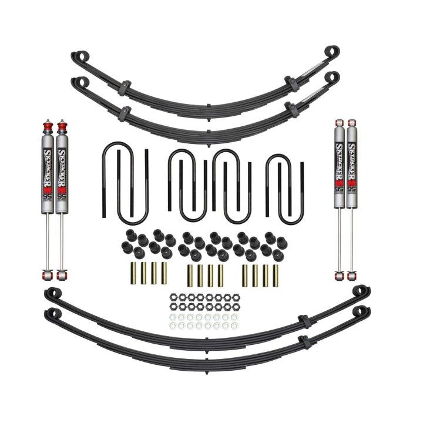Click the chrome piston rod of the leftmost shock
pos(47,241)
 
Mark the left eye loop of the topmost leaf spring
pos(78,57)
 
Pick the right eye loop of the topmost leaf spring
pos(332,51)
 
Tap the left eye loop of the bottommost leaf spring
pos(51,313)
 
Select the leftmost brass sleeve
pos(133,274)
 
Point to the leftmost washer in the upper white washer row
pos(173,317)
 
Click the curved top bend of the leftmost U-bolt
pos(112,152)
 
